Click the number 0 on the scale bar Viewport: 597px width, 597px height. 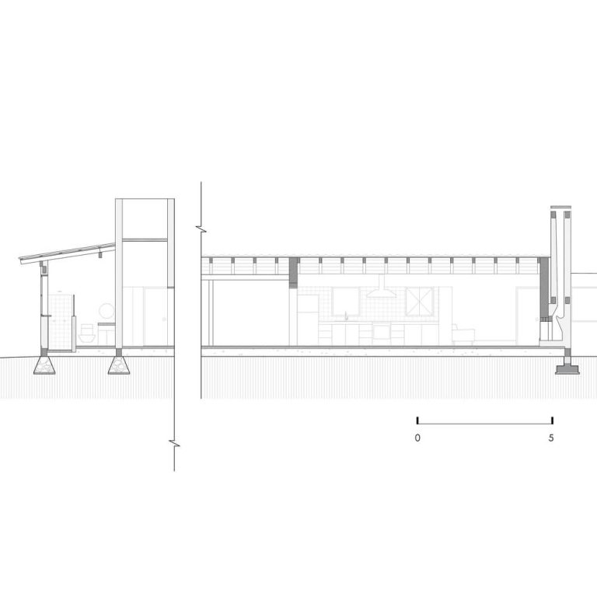coord(417,438)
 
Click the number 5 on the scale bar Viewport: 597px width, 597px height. coord(551,438)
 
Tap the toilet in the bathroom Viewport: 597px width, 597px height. coord(86,333)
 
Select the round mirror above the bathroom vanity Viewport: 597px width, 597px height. coord(106,311)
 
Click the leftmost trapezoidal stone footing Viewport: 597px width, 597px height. coord(44,365)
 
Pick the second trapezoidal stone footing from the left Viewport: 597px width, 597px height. coord(118,365)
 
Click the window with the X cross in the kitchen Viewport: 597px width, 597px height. coord(419,302)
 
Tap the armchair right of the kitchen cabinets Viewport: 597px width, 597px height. coord(463,335)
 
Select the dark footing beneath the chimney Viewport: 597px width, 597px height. coord(567,369)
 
